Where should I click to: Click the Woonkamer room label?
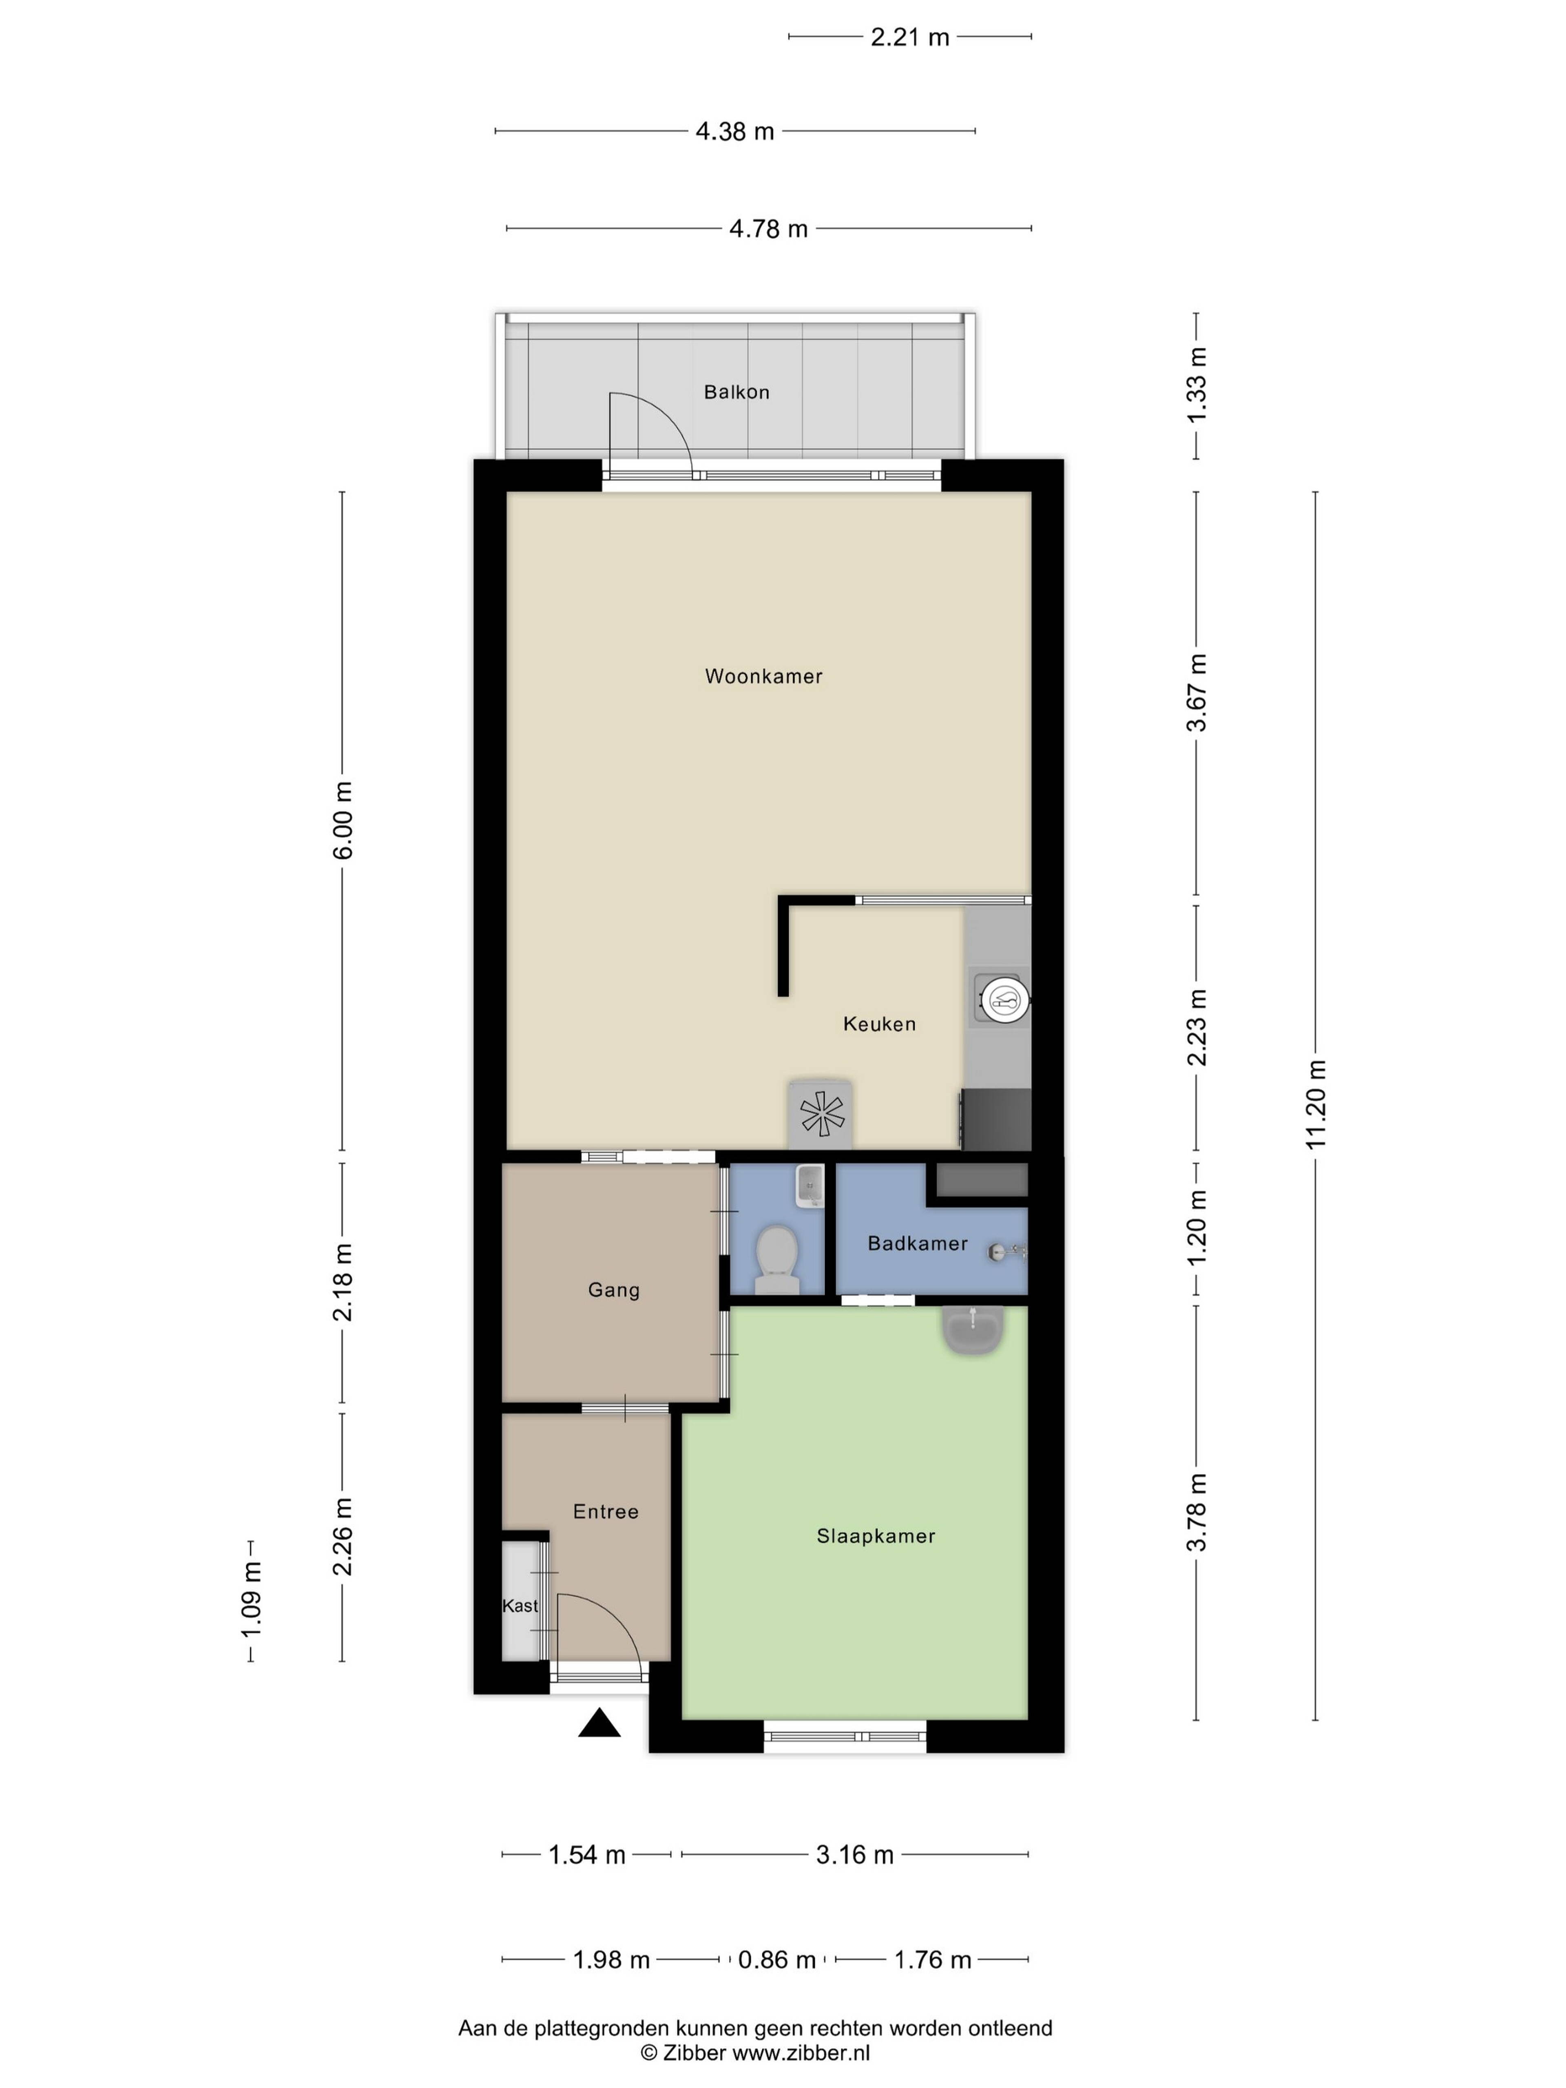click(x=764, y=676)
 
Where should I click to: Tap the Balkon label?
click(x=736, y=392)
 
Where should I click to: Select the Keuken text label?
click(x=879, y=1023)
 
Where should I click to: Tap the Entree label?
click(x=606, y=1511)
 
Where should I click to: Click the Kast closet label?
click(x=520, y=1606)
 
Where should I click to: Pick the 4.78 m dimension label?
click(x=768, y=228)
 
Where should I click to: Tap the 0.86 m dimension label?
click(x=777, y=1960)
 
